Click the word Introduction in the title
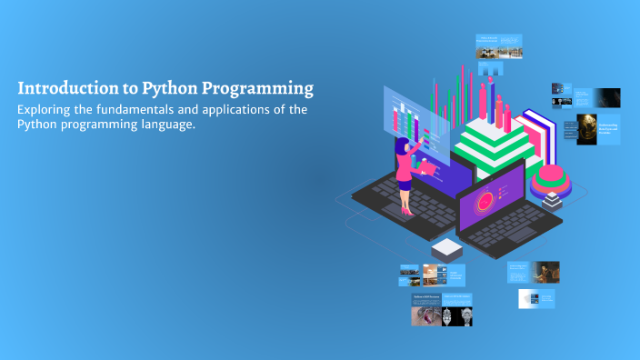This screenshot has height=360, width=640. (62, 89)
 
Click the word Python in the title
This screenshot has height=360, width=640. (166, 89)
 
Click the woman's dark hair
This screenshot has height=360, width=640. (401, 146)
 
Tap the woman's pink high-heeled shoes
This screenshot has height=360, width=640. (405, 211)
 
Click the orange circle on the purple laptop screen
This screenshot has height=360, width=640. (485, 197)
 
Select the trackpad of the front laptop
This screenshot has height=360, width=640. (520, 234)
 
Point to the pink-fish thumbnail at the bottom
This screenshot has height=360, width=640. (425, 315)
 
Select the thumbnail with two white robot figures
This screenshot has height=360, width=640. (457, 315)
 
